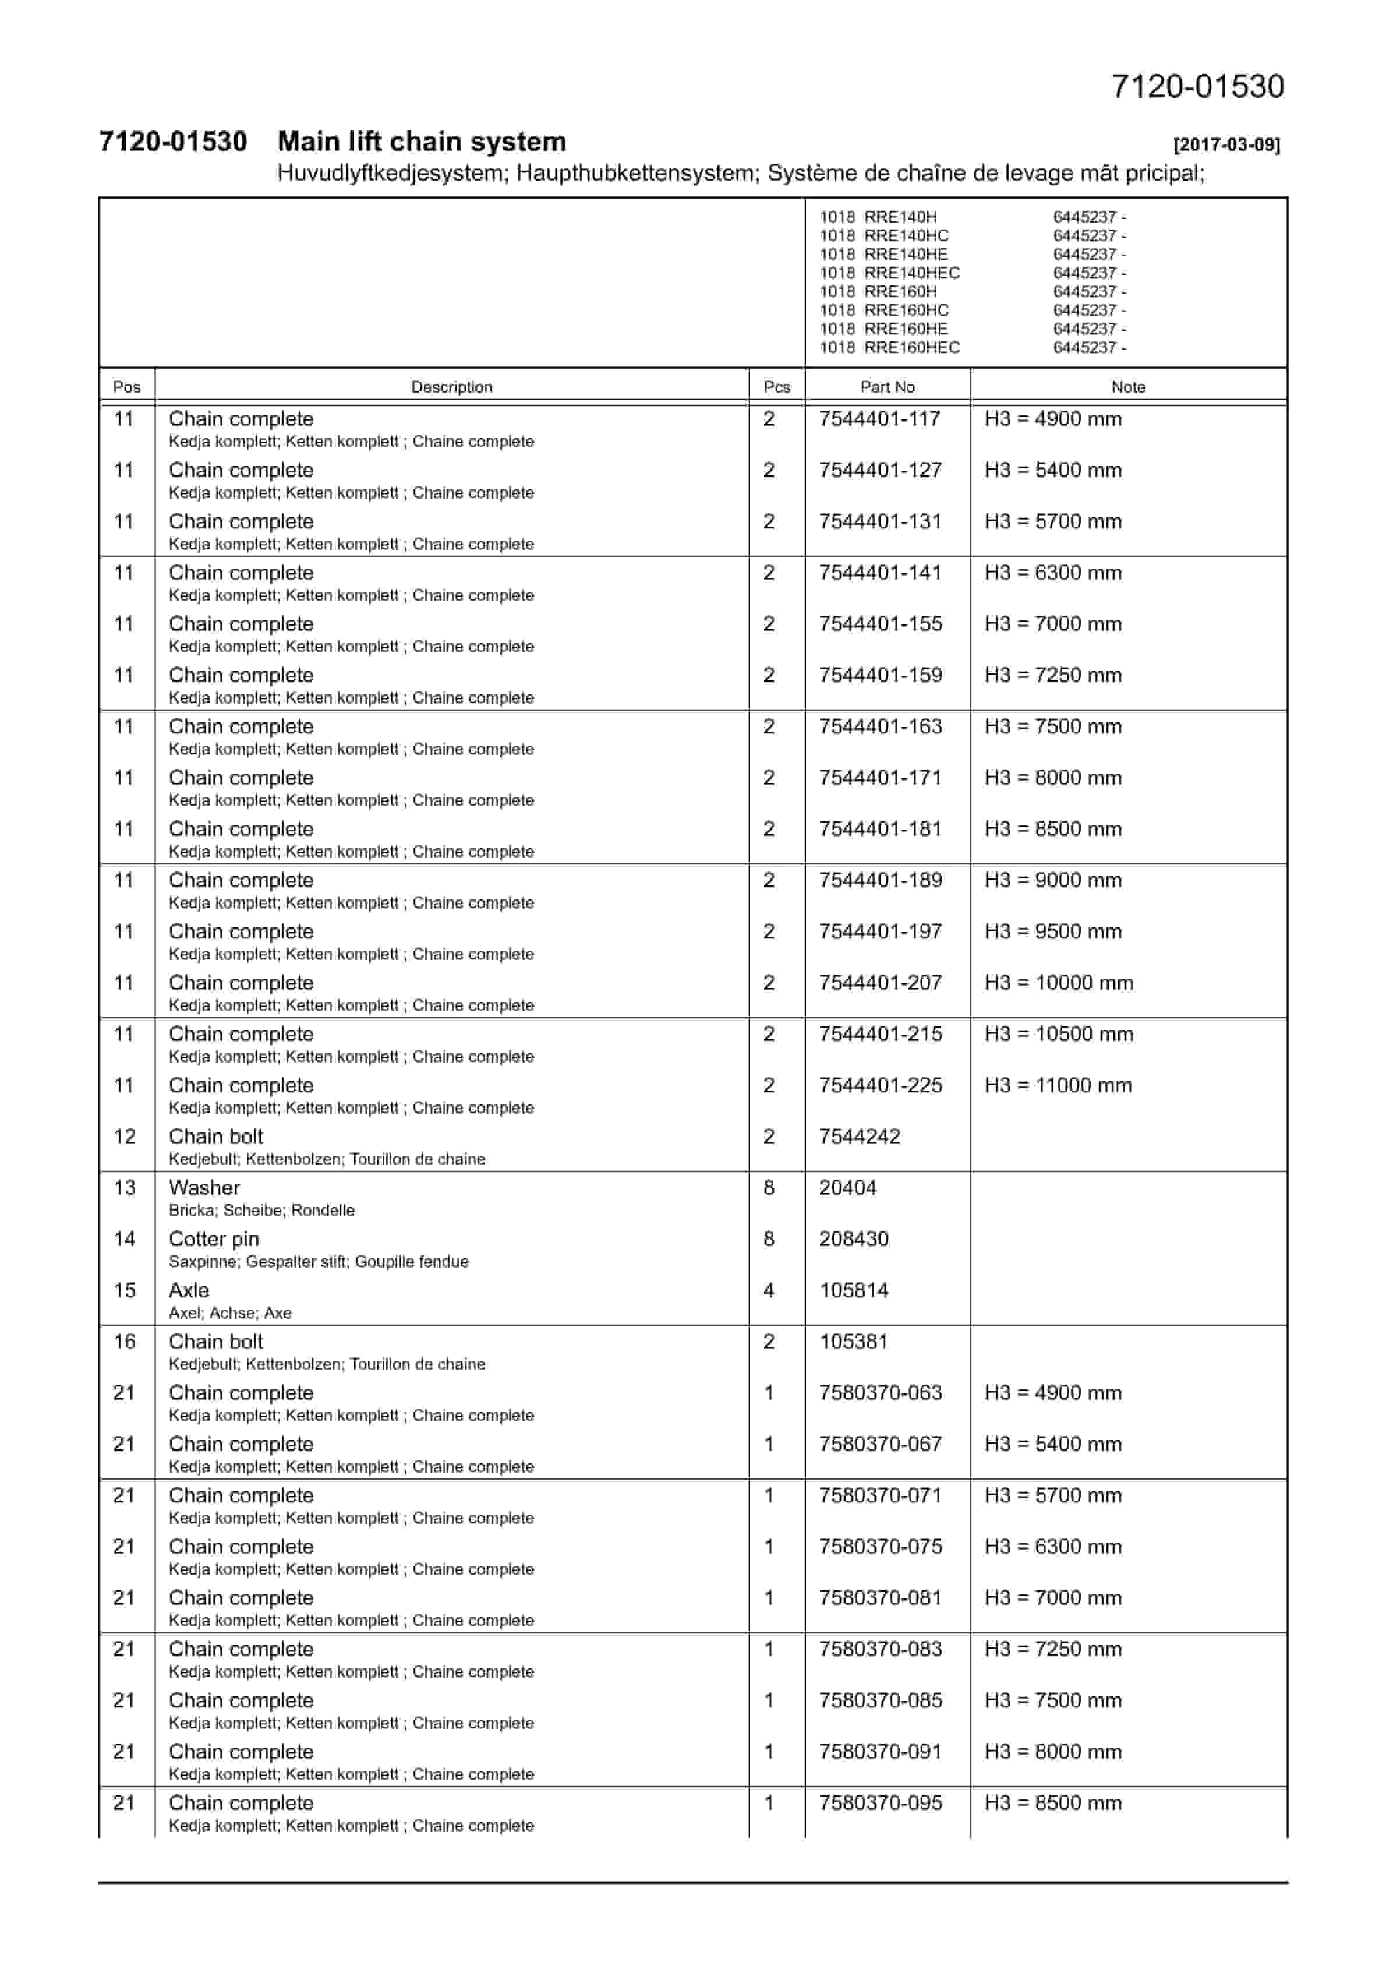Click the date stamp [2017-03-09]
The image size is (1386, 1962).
pyautogui.click(x=1226, y=144)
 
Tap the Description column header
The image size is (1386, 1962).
pyautogui.click(x=451, y=387)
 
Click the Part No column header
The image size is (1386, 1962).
pyautogui.click(x=887, y=387)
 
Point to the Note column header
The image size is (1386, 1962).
pyautogui.click(x=1128, y=387)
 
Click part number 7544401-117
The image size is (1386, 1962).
pyautogui.click(x=879, y=419)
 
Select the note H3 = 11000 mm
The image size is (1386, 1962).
pyautogui.click(x=1058, y=1085)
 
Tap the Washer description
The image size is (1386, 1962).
pyautogui.click(x=204, y=1188)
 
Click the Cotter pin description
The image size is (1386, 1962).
pyautogui.click(x=214, y=1239)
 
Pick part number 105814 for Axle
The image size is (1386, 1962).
pyautogui.click(x=854, y=1290)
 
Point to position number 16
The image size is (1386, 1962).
pyautogui.click(x=125, y=1342)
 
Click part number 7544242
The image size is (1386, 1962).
pyautogui.click(x=859, y=1137)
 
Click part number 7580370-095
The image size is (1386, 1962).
pyautogui.click(x=880, y=1803)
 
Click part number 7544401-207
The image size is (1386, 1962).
pyautogui.click(x=880, y=983)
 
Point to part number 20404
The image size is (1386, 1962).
pyautogui.click(x=848, y=1188)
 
